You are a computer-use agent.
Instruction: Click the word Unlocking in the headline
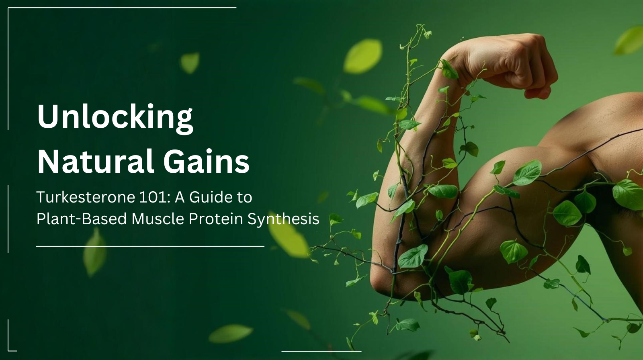115,117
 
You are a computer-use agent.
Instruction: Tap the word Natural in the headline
96,161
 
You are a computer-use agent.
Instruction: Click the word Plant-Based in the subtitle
81,219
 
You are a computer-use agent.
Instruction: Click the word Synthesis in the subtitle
283,219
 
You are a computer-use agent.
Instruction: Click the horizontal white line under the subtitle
150,246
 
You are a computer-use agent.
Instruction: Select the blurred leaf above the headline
190,63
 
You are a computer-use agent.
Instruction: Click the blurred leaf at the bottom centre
230,333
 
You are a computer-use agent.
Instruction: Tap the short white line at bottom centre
321,351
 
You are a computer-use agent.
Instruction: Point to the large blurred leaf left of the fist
363,56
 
